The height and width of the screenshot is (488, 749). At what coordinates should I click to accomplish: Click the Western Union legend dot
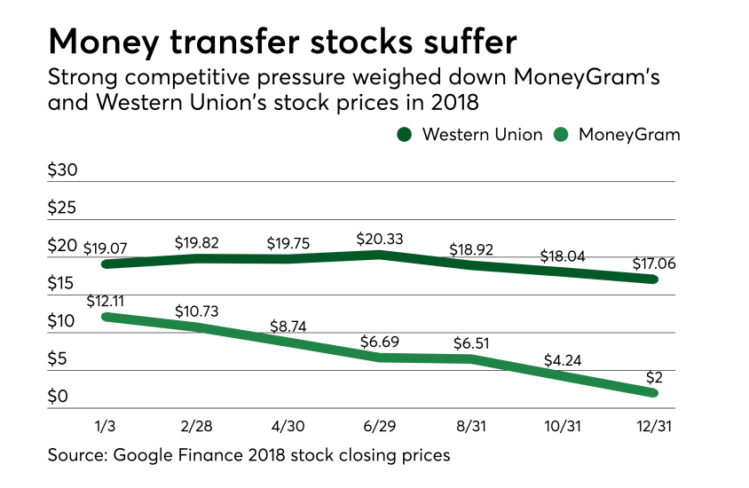point(404,135)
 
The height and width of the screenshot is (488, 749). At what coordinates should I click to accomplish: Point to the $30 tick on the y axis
point(64,171)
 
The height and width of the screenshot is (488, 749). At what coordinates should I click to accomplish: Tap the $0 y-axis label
point(59,397)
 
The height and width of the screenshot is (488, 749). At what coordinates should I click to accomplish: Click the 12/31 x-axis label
point(652,425)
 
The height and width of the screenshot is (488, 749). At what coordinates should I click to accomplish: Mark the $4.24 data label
point(562,361)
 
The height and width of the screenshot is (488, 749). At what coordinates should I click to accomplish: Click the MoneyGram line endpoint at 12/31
point(652,393)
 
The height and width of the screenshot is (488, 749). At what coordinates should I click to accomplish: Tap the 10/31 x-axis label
point(561,425)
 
